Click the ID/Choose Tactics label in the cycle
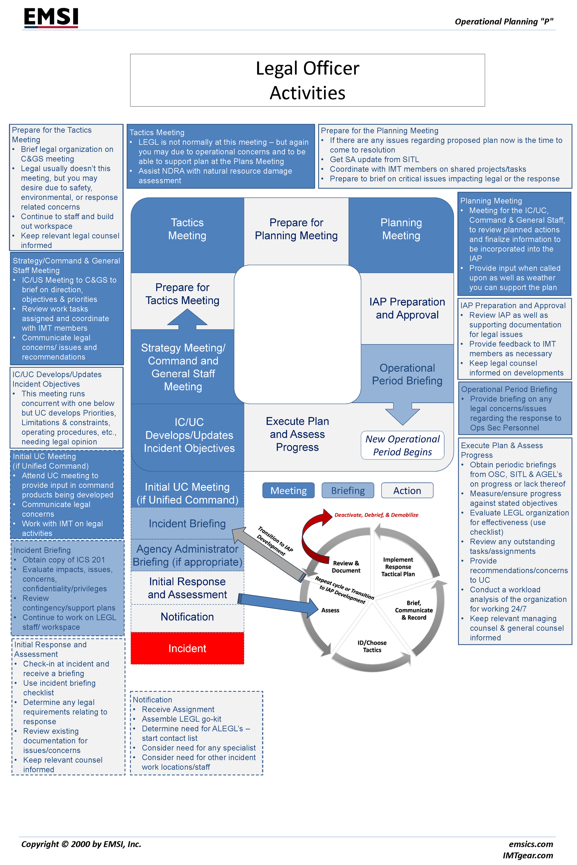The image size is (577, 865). click(x=372, y=646)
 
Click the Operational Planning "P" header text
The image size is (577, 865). click(x=504, y=22)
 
